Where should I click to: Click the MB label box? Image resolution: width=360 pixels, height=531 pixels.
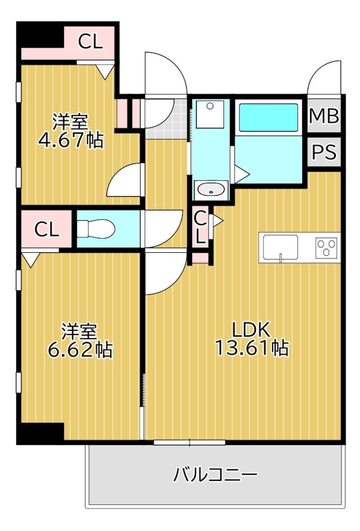pos(324,116)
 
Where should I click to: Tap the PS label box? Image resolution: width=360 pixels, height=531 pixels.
pos(324,152)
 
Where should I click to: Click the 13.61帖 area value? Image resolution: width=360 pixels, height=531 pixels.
pos(252,348)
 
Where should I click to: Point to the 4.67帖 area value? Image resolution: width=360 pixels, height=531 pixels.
pos(70,141)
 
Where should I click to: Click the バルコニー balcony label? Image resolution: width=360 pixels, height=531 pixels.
pos(215,474)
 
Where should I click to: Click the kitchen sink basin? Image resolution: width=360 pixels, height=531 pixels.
pos(280,246)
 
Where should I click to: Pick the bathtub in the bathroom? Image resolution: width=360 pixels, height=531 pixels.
pos(268,117)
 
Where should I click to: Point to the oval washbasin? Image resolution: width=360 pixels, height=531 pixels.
pos(211,190)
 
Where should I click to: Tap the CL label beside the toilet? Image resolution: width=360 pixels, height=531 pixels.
pos(47,229)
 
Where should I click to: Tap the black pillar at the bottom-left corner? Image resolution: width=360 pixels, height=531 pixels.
pos(40,433)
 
